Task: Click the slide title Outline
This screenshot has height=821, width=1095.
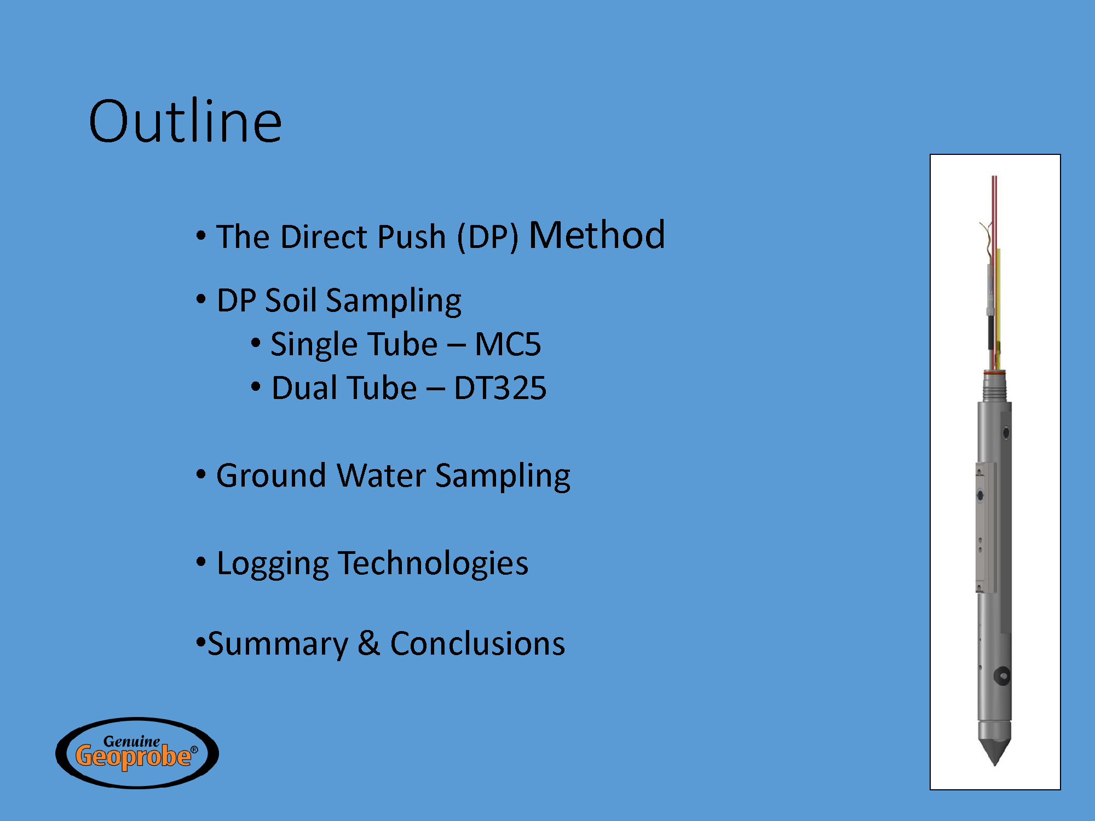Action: tap(185, 121)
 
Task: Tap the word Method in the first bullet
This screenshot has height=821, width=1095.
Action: tap(597, 235)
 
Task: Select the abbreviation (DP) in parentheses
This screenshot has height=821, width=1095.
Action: tap(488, 237)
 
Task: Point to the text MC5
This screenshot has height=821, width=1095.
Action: tap(508, 344)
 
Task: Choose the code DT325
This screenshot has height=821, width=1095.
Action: tap(500, 388)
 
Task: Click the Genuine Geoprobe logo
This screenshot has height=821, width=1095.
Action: tap(137, 753)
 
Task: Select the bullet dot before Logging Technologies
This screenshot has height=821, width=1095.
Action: tap(201, 562)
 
